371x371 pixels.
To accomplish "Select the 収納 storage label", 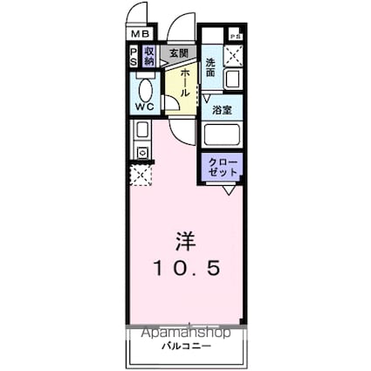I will [148, 57].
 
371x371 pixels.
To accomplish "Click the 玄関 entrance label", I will [178, 53].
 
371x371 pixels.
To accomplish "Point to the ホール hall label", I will [186, 80].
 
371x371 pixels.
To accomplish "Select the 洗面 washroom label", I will [211, 65].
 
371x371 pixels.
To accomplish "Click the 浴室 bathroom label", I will [222, 110].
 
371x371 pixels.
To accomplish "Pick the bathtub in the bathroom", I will [223, 136].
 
